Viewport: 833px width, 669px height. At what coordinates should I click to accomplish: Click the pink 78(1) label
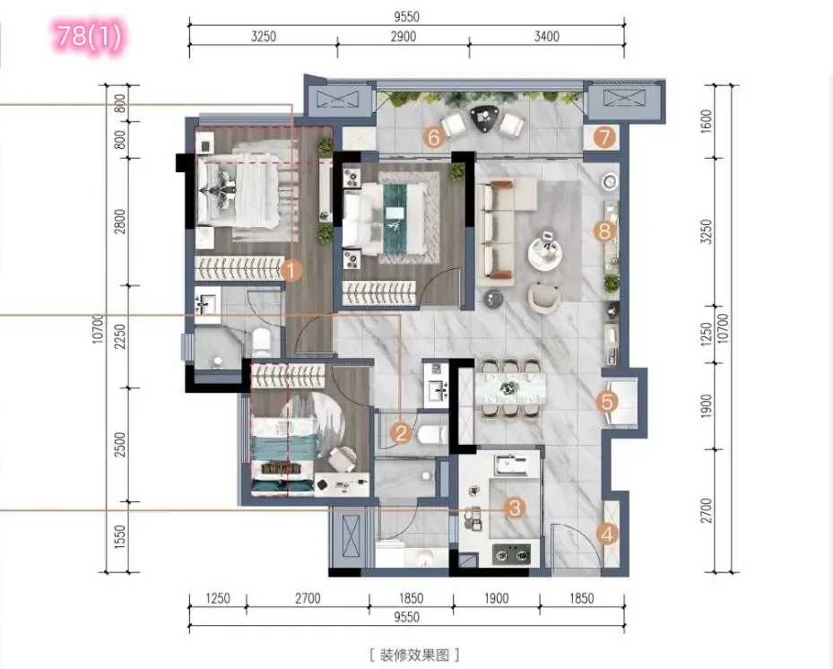click(x=91, y=36)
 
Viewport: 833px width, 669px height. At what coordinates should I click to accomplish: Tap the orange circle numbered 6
click(x=433, y=137)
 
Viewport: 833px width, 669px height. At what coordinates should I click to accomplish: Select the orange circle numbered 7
click(x=604, y=137)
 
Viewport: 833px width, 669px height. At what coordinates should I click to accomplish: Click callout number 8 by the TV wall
click(x=604, y=231)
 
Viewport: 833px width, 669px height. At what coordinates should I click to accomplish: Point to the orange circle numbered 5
click(x=607, y=402)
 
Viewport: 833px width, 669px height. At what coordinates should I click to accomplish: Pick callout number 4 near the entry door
click(x=607, y=534)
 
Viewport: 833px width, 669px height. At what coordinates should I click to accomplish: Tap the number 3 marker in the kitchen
click(x=515, y=508)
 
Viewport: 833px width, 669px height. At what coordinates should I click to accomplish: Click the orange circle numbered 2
click(x=401, y=433)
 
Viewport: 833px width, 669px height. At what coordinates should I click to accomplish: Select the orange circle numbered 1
click(x=291, y=271)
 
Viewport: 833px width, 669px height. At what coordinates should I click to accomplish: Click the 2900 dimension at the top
click(x=403, y=37)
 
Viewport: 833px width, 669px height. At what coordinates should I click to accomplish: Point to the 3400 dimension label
click(x=547, y=37)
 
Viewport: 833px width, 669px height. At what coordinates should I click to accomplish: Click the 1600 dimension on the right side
click(x=707, y=121)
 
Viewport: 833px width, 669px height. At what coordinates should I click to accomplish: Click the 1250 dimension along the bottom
click(x=218, y=598)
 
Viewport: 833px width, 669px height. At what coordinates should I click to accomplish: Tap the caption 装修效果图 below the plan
click(x=414, y=655)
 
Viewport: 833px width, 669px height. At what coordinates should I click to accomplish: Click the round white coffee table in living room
click(x=544, y=255)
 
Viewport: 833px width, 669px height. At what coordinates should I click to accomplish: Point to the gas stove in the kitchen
click(x=511, y=554)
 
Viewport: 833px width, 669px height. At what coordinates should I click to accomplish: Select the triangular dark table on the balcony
click(x=483, y=118)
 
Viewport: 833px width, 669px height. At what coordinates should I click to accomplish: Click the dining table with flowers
click(x=510, y=387)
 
